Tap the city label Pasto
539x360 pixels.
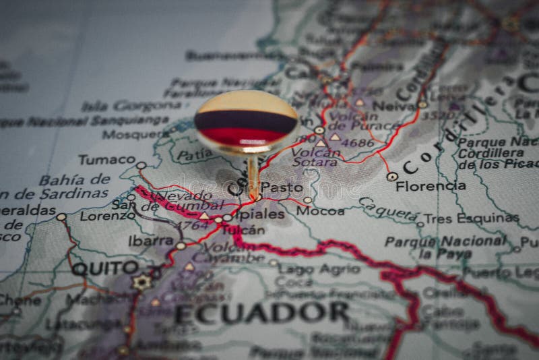click(281, 187)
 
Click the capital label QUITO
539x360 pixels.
click(104, 268)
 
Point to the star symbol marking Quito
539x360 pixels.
click(141, 282)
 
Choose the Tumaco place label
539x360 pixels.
click(106, 160)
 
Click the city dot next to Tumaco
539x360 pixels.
click(141, 165)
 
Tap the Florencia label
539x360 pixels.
click(431, 185)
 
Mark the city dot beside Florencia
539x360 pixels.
click(392, 177)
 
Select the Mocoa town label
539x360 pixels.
click(320, 211)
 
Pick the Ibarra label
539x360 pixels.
click(150, 241)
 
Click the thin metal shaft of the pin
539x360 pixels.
click(253, 175)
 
